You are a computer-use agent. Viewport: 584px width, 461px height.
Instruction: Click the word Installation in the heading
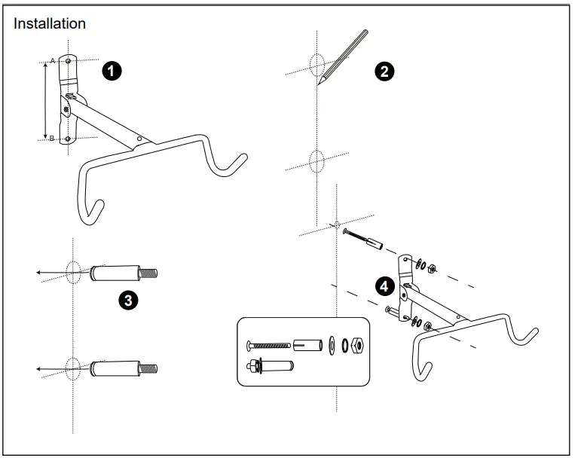(50, 23)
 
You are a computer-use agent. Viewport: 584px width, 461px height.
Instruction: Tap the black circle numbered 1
(112, 72)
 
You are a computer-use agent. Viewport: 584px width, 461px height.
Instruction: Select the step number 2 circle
(384, 72)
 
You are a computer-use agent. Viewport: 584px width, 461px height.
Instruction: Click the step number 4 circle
(385, 286)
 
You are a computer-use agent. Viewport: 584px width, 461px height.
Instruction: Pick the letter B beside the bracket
(51, 139)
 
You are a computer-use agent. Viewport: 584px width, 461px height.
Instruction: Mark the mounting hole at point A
(68, 60)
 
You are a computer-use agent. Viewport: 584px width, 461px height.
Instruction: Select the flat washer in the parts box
(331, 344)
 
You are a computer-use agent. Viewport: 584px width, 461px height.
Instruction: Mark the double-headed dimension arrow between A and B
(47, 99)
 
